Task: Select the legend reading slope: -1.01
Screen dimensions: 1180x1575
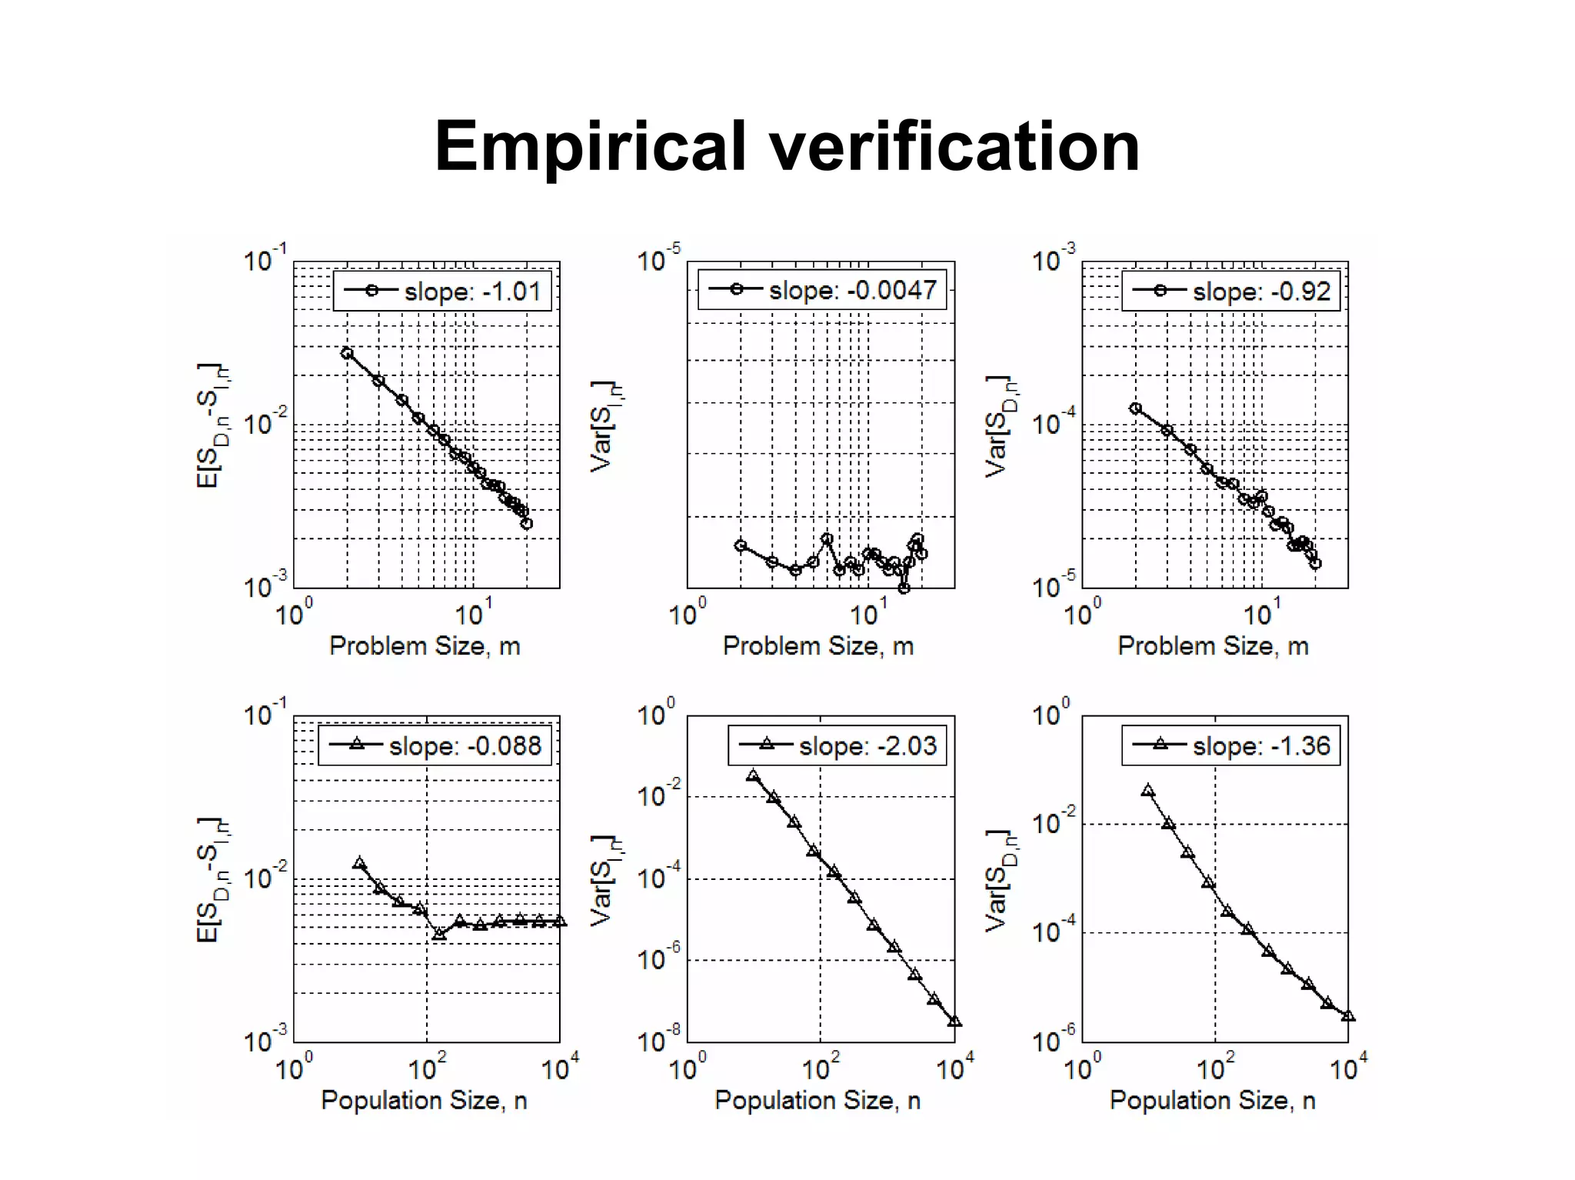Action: (x=442, y=291)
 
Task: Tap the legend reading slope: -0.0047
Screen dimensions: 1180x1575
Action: (x=821, y=290)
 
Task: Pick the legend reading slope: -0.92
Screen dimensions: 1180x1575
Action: (x=1230, y=291)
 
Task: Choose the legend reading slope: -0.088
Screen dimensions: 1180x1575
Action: (x=435, y=745)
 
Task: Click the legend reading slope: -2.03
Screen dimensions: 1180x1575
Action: (x=837, y=745)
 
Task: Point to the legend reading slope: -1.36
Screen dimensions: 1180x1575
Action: (x=1230, y=745)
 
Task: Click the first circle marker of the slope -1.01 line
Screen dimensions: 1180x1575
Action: (x=347, y=353)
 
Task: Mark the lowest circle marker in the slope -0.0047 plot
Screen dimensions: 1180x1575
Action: (x=904, y=588)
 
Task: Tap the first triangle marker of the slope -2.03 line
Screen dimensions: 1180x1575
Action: (x=753, y=775)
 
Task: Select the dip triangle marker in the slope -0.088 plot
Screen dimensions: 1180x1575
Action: (x=439, y=934)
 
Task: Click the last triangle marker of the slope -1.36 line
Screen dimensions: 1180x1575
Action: (x=1347, y=1016)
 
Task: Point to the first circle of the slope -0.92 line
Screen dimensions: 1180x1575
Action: (x=1135, y=408)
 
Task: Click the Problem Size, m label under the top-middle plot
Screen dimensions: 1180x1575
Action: (x=818, y=646)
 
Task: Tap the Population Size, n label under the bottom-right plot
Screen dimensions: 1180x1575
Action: (x=1212, y=1101)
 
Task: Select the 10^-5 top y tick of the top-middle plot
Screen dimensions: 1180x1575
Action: (x=658, y=260)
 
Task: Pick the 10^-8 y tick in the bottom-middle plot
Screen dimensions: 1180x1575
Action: (x=658, y=1041)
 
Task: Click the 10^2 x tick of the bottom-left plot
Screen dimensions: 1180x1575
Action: (x=426, y=1068)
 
